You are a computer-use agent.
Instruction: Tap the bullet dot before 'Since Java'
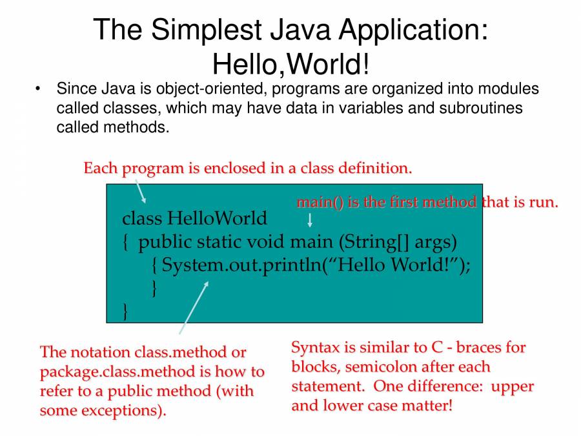point(39,88)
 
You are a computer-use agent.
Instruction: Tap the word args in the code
point(435,242)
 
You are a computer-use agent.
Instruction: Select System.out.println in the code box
point(241,265)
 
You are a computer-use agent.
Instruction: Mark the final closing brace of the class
point(125,312)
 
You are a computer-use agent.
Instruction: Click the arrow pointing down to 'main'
point(310,221)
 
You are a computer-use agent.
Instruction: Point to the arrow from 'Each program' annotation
point(140,192)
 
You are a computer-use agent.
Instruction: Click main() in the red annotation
point(320,202)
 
